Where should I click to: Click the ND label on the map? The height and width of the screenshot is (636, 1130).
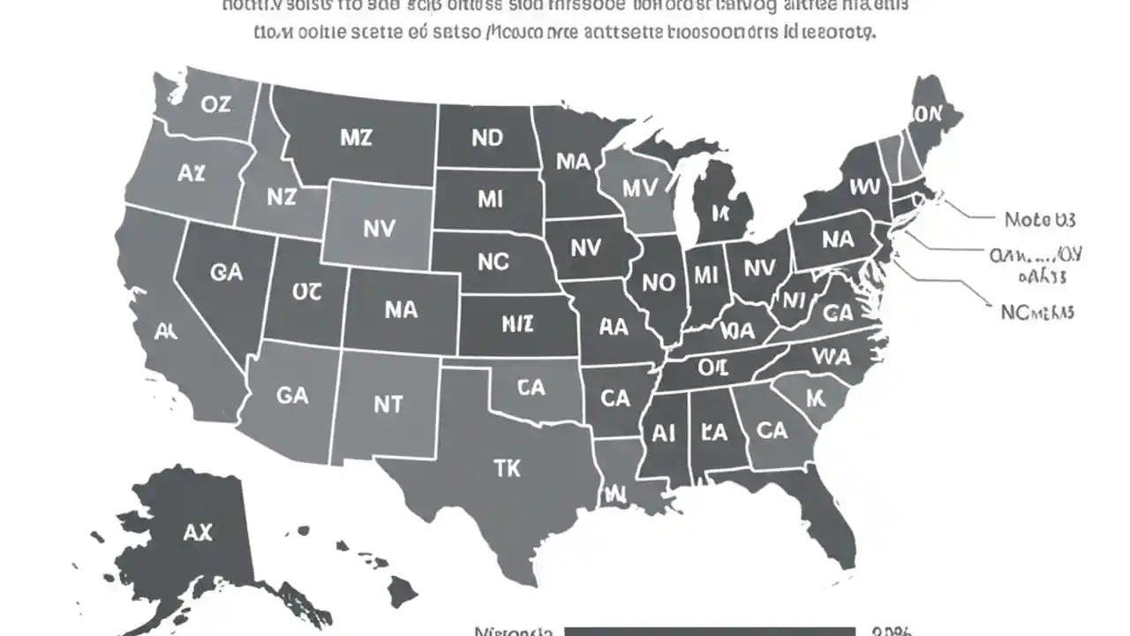coord(486,138)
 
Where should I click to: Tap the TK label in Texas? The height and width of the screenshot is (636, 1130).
coord(507,468)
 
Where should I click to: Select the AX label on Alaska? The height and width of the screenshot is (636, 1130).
coord(198,532)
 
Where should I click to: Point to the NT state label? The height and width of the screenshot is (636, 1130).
coord(388,404)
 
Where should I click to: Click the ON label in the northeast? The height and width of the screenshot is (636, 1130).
coord(928,114)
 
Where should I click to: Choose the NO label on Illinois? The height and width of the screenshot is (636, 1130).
coord(658,283)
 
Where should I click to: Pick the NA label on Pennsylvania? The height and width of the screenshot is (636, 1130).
coord(837,239)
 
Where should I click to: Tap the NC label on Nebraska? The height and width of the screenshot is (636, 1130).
coord(493,261)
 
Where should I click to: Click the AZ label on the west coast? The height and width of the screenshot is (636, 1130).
coord(191,173)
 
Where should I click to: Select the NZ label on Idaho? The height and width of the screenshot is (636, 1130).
coord(281,197)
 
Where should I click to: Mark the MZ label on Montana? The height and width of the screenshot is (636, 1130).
coord(356,138)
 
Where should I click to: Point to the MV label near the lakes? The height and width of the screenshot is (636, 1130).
coord(639,188)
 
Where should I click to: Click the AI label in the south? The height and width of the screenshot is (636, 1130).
coord(664,433)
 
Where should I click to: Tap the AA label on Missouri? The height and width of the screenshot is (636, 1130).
coord(614,327)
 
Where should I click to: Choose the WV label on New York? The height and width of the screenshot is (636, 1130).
coord(865,186)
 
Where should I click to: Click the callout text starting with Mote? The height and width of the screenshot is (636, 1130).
coord(1040,219)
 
